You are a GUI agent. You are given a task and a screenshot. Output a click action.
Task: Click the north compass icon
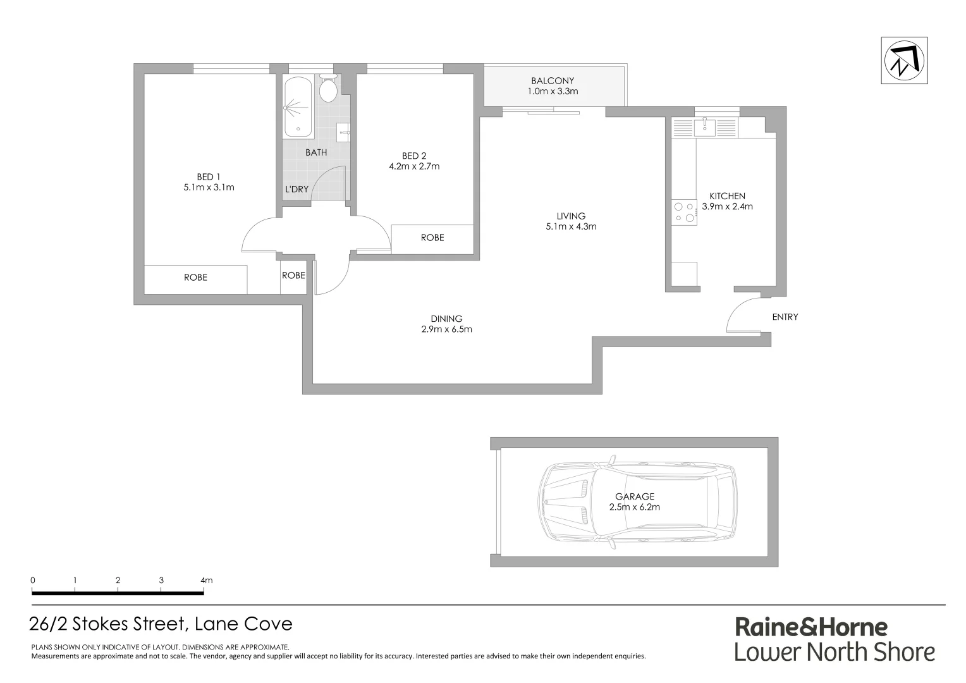coord(904,61)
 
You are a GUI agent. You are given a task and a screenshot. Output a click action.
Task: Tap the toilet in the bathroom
coord(327,89)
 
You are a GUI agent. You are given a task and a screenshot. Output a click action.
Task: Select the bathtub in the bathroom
coord(298,107)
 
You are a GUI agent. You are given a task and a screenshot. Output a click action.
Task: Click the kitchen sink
coord(705,127)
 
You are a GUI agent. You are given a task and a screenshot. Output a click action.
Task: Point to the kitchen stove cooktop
coord(683,212)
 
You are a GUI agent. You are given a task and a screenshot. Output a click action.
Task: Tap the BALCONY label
coord(553,80)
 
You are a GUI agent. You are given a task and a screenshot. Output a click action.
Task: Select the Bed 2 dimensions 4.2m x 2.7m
coord(414,167)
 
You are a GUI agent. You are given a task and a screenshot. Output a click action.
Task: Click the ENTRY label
coord(785,317)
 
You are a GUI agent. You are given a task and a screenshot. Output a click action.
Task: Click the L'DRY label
coord(297,189)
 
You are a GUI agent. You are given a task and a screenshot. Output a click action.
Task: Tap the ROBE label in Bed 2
coord(432,238)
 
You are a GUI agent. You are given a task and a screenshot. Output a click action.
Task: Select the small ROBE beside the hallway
coord(293,276)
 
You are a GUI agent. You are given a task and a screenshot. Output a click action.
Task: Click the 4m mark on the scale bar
coord(205,580)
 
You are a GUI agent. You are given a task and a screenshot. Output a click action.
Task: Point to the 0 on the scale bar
coord(33,580)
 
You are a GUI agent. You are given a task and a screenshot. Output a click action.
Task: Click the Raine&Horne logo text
coord(811,627)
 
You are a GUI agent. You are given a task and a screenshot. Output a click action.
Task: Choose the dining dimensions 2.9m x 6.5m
coord(447,329)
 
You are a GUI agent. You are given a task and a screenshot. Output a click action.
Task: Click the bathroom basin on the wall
coord(343,131)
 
